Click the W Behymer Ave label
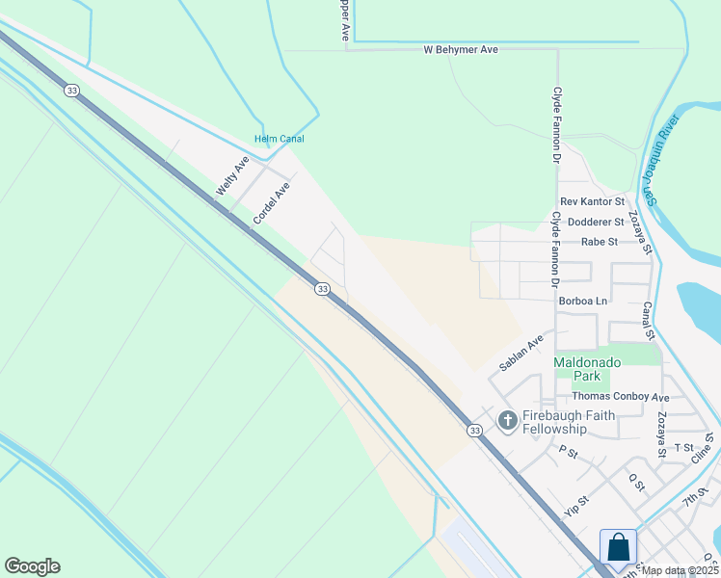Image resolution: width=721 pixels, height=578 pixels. pyautogui.click(x=461, y=49)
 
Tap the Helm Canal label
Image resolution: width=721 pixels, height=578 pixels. pyautogui.click(x=280, y=139)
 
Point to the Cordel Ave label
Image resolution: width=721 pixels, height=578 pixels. pyautogui.click(x=271, y=205)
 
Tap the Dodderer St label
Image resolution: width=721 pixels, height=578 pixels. pyautogui.click(x=596, y=222)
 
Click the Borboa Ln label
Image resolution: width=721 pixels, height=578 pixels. pyautogui.click(x=583, y=301)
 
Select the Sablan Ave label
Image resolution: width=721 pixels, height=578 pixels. pyautogui.click(x=521, y=353)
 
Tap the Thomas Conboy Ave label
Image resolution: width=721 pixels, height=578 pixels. pyautogui.click(x=620, y=397)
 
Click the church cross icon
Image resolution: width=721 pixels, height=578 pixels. pyautogui.click(x=507, y=420)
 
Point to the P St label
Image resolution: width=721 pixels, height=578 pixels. pyautogui.click(x=567, y=451)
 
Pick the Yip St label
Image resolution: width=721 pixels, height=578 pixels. pyautogui.click(x=577, y=504)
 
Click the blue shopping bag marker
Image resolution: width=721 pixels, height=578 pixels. pyautogui.click(x=618, y=547)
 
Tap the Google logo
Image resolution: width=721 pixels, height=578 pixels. pyautogui.click(x=32, y=566)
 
